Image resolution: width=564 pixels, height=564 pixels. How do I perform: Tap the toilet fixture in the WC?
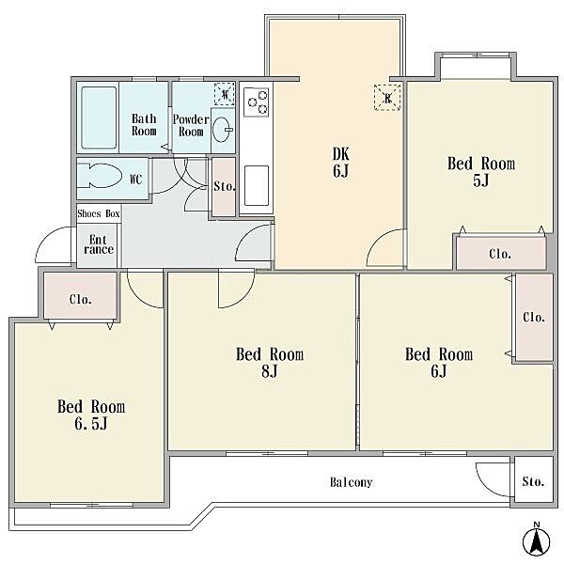tap(98, 176)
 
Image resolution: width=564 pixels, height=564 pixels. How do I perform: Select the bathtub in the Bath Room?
tap(99, 117)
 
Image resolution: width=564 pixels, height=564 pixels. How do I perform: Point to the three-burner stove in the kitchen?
tap(257, 102)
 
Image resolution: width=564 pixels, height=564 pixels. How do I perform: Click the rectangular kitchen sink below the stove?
tap(257, 185)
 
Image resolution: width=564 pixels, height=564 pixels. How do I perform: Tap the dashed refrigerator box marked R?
tap(387, 98)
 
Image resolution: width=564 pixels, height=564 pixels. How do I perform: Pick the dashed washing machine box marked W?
tap(225, 94)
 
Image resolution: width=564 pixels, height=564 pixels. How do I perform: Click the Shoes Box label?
tap(99, 213)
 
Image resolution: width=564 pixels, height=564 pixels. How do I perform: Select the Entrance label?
tap(98, 244)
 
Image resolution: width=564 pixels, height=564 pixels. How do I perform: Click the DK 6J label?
tap(340, 163)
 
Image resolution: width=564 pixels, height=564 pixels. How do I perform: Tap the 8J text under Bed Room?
tap(270, 371)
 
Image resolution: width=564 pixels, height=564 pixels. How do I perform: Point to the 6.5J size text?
tap(91, 424)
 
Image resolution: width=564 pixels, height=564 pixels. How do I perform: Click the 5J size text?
tap(481, 180)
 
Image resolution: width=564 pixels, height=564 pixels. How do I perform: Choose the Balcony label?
tap(351, 482)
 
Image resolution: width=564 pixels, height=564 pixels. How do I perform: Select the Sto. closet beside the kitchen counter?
tap(224, 187)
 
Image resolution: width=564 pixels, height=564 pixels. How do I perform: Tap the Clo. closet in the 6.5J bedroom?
tap(81, 296)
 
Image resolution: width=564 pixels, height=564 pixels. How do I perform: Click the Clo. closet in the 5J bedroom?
tap(501, 253)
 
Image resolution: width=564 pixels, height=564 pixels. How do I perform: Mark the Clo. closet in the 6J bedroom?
tap(534, 318)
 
